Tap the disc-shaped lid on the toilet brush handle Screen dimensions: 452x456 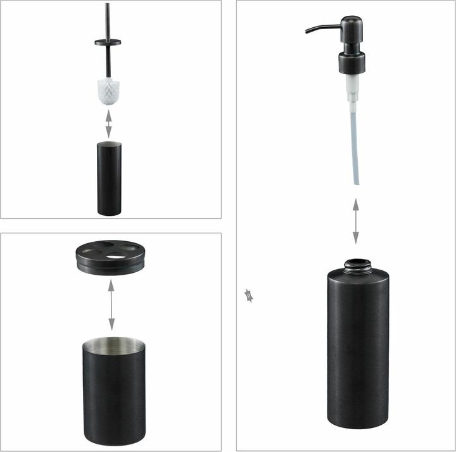tap(108, 42)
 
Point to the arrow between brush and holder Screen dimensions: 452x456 tap(108, 125)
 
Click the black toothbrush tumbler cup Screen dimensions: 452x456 tap(114, 392)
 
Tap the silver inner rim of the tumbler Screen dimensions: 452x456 tap(114, 345)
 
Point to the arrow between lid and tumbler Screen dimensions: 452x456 tap(111, 304)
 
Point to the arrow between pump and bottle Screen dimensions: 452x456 tap(356, 221)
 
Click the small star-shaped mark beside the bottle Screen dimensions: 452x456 tap(249, 295)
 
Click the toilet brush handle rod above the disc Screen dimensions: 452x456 tap(108, 19)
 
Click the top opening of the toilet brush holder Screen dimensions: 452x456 tap(108, 145)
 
